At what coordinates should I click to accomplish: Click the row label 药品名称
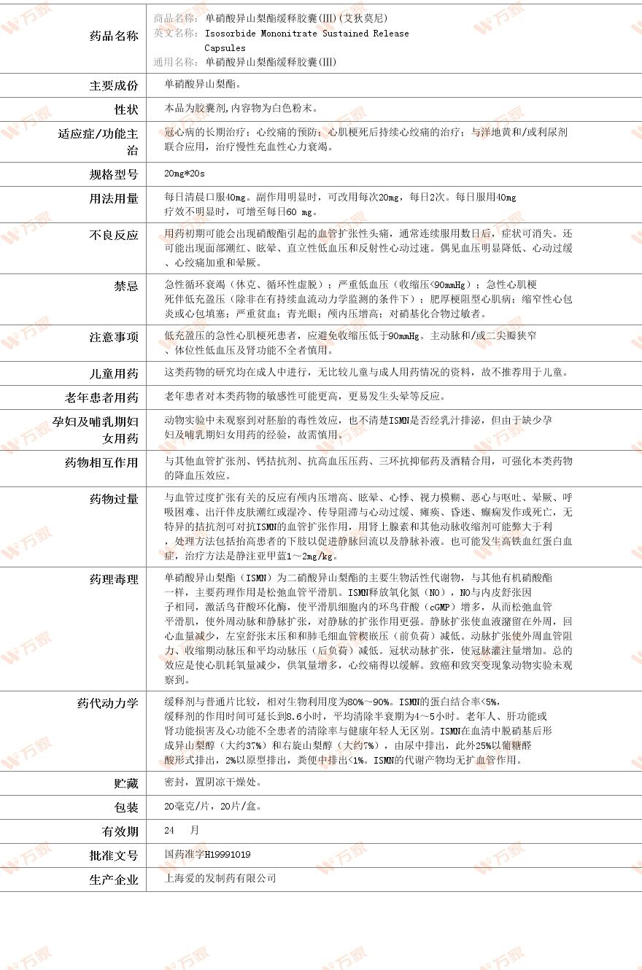pos(113,36)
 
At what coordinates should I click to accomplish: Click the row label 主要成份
pos(113,85)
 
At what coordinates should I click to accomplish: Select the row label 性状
pos(125,109)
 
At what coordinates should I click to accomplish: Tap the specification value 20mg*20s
pos(185,174)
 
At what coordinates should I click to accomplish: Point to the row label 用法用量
pos(113,198)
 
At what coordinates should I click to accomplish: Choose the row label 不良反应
pos(113,235)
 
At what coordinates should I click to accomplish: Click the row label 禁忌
pos(125,286)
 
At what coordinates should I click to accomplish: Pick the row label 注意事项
pos(113,337)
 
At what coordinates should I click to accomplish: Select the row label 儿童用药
pos(113,373)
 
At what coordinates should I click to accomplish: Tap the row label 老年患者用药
pos(101,397)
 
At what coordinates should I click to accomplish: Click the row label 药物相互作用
pos(101,462)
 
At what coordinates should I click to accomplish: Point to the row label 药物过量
pos(113,499)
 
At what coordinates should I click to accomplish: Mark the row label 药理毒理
pos(113,579)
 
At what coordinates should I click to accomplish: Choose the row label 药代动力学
pos(107,703)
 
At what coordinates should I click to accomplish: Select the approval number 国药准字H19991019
pos(208,854)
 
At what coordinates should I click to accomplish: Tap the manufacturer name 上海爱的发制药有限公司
pos(220,878)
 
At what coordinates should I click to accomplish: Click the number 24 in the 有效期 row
pos(170,830)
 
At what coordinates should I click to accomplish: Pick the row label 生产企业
pos(113,880)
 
